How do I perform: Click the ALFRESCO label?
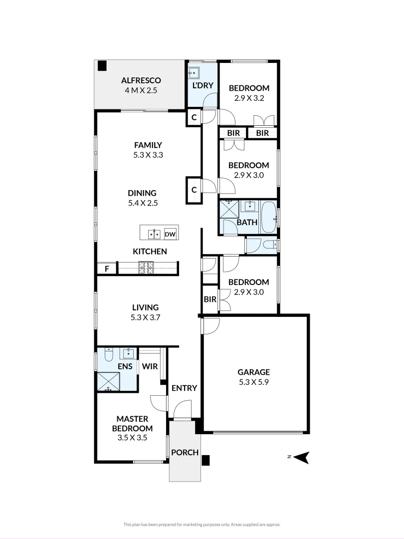[141, 80]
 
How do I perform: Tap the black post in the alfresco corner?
[102, 66]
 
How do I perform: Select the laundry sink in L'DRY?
[193, 73]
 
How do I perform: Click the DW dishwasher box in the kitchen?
[170, 234]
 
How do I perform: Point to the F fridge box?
[106, 269]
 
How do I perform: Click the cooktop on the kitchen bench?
[146, 268]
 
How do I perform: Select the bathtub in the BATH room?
[269, 218]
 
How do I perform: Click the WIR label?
[150, 366]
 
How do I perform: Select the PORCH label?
[185, 453]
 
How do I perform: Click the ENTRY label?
[184, 388]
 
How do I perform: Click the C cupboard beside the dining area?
[194, 189]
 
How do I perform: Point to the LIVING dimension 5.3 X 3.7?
[145, 317]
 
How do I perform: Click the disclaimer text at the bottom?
[202, 524]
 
